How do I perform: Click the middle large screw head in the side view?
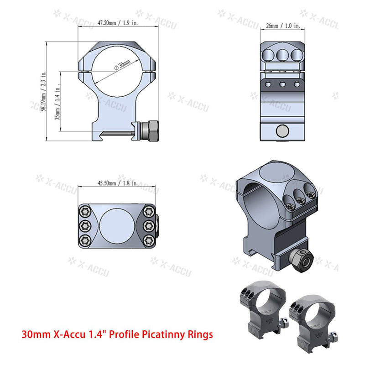tap(282, 55)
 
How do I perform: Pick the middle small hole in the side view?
tap(282, 84)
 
